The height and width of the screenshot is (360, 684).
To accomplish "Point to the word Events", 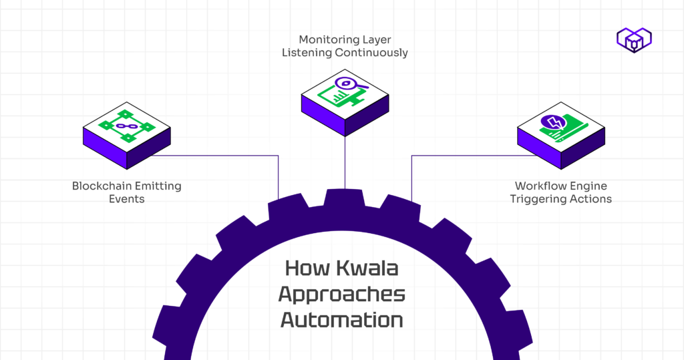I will click(x=126, y=199).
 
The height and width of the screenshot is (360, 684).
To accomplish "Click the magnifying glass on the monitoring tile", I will click(x=347, y=84).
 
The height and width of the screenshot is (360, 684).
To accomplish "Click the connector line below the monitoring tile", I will click(x=345, y=160).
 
